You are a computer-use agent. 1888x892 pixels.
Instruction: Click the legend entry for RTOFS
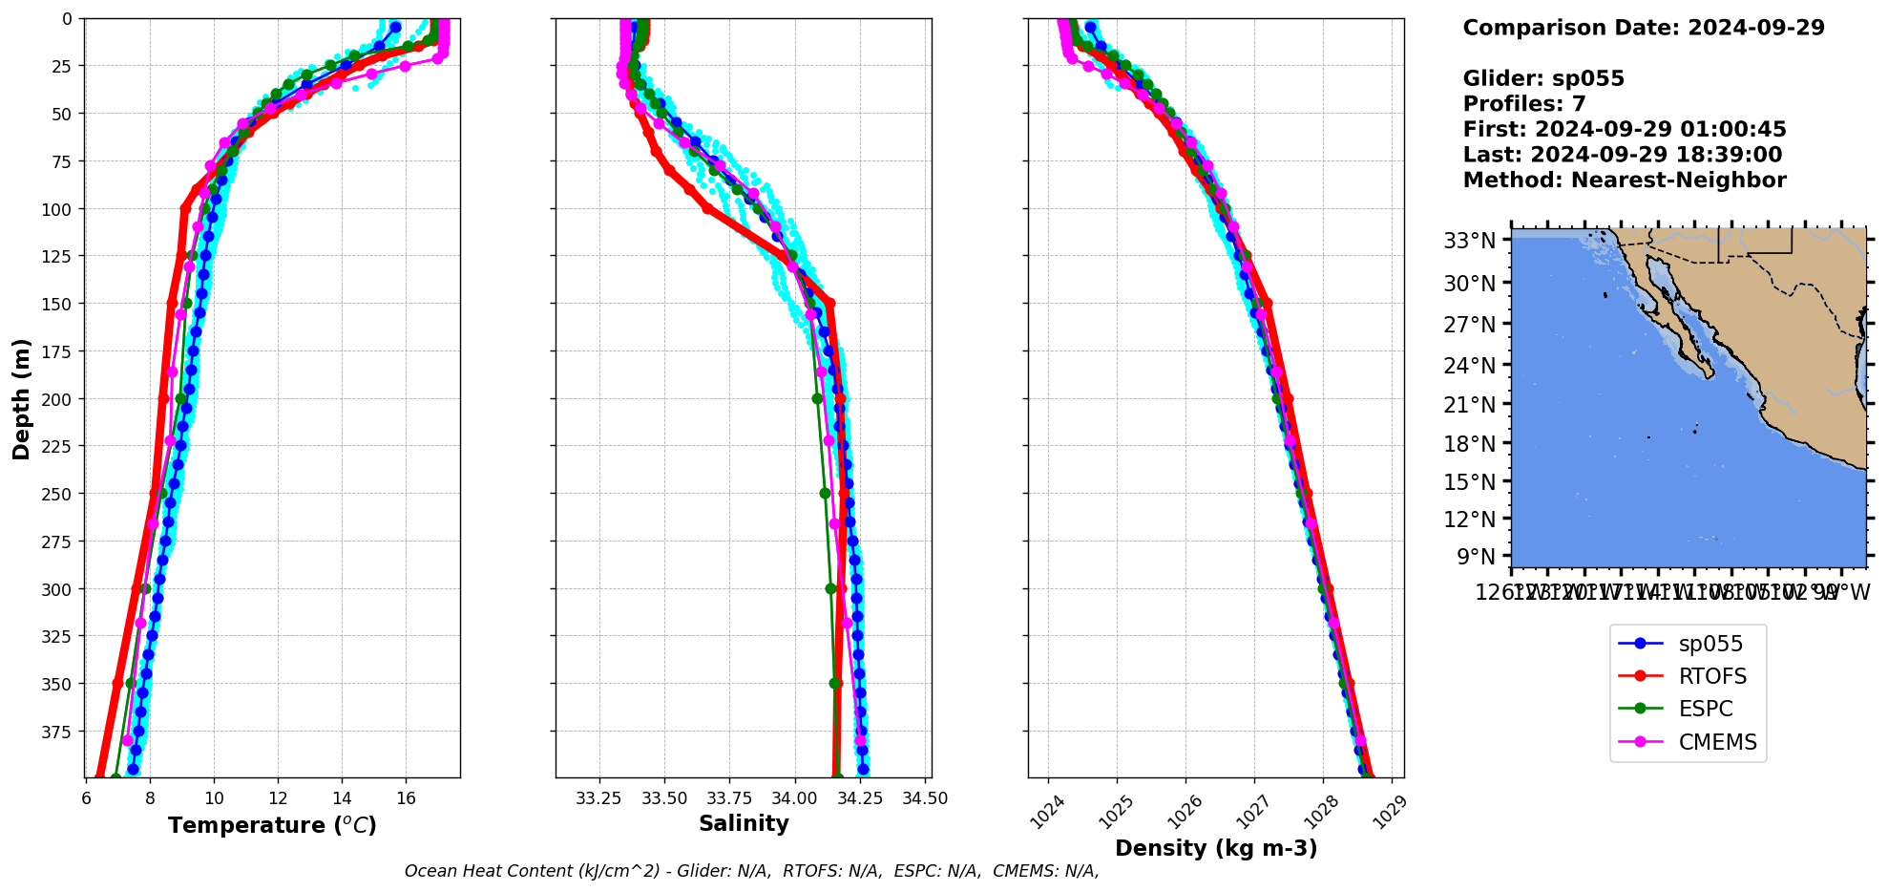[x=1711, y=676]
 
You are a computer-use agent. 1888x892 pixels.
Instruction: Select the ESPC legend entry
[x=1705, y=709]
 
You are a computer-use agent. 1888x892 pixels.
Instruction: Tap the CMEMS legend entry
[x=1717, y=742]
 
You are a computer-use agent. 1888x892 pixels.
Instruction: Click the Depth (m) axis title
[x=22, y=398]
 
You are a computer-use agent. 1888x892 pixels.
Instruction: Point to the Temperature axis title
[x=272, y=825]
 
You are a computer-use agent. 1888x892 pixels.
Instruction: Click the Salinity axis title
[x=744, y=823]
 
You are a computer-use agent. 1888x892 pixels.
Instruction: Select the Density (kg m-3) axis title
[x=1215, y=848]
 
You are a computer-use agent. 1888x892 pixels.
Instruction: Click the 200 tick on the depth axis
[x=58, y=399]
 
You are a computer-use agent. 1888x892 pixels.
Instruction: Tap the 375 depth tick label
[x=58, y=732]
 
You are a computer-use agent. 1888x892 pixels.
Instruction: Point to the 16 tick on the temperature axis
[x=406, y=798]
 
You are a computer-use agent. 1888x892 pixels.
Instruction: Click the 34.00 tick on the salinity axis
[x=794, y=798]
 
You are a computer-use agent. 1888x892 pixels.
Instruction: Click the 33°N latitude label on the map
[x=1469, y=241]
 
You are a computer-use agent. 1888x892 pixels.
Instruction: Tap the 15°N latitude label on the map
[x=1469, y=482]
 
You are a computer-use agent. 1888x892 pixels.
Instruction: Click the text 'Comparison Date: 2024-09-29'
[x=1643, y=28]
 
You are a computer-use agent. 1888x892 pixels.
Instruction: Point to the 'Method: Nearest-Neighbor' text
[x=1624, y=181]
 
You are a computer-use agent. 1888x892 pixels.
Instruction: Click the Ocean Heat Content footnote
[x=751, y=871]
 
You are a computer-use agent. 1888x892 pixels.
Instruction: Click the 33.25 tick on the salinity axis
[x=599, y=798]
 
